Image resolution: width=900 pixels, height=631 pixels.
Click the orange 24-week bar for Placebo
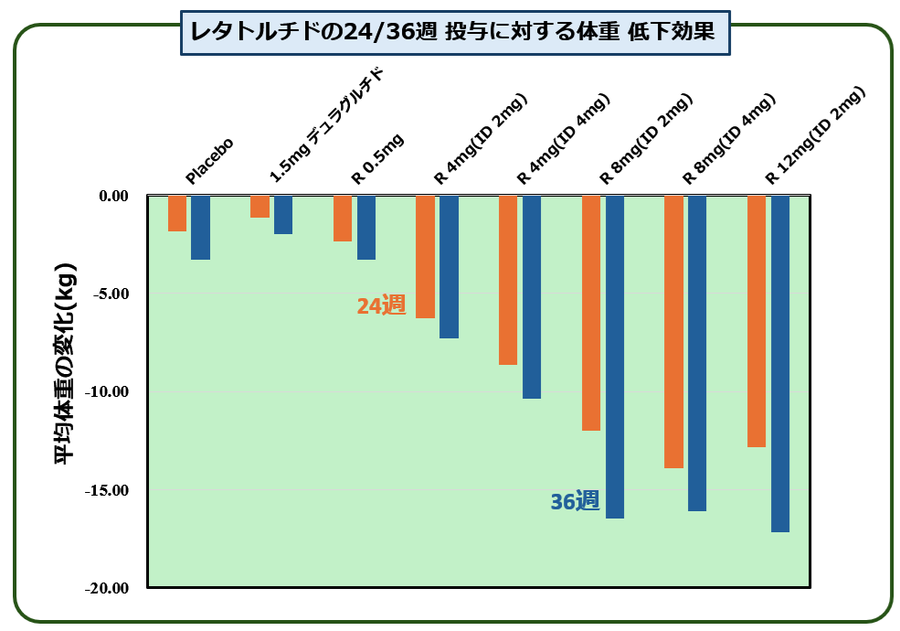point(177,213)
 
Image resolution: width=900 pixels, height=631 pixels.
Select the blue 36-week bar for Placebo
point(200,228)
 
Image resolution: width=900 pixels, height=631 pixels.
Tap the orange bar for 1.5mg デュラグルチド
point(259,207)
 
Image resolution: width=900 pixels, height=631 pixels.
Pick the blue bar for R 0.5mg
point(366,228)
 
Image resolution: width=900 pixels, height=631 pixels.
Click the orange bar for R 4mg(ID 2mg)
point(425,257)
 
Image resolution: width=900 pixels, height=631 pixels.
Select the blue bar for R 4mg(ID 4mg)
point(532,297)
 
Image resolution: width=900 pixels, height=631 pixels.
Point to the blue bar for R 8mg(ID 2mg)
point(615,357)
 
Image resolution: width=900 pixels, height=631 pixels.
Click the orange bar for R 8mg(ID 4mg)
point(673,332)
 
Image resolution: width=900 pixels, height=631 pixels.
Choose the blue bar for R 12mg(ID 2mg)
point(780,364)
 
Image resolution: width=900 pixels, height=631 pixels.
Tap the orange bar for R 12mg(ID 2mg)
point(757,321)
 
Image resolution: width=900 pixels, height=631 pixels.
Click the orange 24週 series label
point(380,306)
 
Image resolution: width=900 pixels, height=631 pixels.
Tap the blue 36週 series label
point(575,501)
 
